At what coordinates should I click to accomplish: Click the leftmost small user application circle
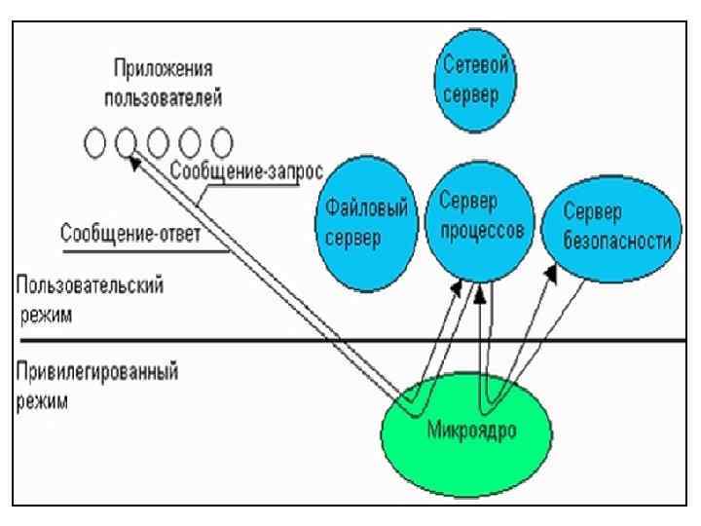coord(94,144)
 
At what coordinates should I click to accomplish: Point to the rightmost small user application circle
coord(222,144)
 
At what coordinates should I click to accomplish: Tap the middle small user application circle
coord(158,144)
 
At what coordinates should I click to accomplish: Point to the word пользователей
coord(163,98)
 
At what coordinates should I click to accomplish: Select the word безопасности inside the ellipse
coord(618,240)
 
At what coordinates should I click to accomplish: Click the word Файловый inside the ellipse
coord(364,207)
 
